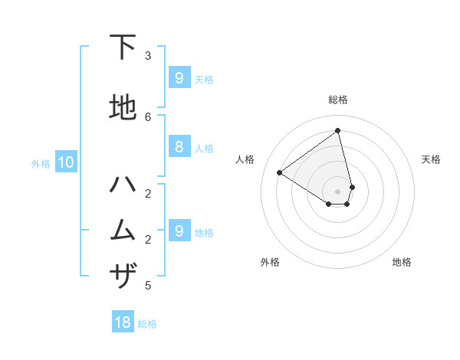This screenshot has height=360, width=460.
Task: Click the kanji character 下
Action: [123, 47]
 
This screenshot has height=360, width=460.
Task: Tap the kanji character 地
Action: [123, 107]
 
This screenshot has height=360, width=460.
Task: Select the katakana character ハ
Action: [123, 185]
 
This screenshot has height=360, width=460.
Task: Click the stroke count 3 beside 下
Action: [148, 56]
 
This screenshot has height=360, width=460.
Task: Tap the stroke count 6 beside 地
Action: [148, 116]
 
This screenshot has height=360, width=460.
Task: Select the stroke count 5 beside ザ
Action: [148, 286]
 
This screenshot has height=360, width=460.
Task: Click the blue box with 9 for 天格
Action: [179, 77]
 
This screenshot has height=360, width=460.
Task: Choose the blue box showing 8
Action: [179, 146]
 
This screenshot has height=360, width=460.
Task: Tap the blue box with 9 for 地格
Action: [179, 230]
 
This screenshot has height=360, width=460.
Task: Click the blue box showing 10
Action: [65, 162]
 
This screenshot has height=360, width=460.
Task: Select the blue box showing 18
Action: [123, 322]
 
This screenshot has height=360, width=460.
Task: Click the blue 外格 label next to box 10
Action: [41, 163]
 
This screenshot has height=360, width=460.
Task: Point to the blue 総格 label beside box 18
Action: [147, 324]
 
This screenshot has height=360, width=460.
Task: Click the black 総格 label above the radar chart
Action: [338, 100]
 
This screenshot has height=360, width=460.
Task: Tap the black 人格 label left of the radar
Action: [245, 159]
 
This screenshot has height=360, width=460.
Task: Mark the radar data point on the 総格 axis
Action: [338, 131]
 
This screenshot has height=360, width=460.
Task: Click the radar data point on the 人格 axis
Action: [280, 172]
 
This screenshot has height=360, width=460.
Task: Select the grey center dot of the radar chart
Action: [338, 191]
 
